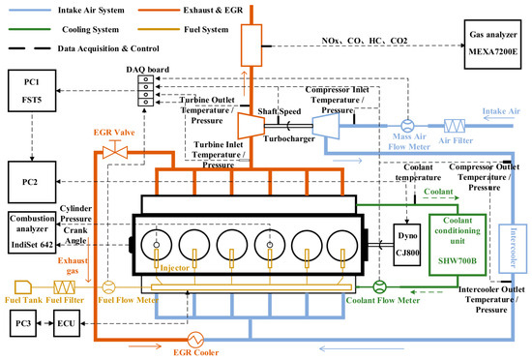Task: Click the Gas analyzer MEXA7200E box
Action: (x=492, y=45)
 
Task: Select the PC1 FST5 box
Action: (x=32, y=91)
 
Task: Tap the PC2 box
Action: (x=32, y=182)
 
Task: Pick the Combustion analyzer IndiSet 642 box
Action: (x=32, y=232)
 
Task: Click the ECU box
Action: (x=67, y=323)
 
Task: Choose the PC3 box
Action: (x=23, y=323)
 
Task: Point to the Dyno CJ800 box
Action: (x=407, y=245)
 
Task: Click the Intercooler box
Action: (x=513, y=249)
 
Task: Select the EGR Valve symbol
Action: (x=115, y=150)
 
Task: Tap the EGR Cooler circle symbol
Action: (x=195, y=340)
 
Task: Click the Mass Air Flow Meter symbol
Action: (x=407, y=126)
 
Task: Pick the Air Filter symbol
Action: (x=455, y=126)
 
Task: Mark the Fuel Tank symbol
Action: (x=23, y=287)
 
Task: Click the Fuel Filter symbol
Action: (x=65, y=287)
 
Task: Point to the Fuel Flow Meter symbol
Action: (x=108, y=287)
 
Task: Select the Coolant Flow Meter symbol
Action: (x=379, y=287)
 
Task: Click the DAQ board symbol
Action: (x=145, y=91)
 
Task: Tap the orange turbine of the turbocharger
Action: (x=251, y=126)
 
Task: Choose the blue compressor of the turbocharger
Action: (x=326, y=126)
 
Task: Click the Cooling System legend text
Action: (x=91, y=30)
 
